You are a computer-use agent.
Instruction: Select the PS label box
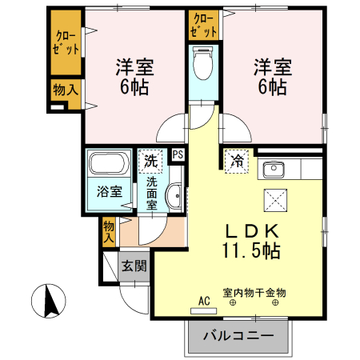click(x=178, y=155)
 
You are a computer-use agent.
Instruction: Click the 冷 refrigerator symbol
click(x=238, y=161)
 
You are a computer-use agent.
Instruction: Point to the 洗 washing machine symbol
click(x=151, y=161)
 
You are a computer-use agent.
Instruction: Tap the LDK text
click(x=250, y=230)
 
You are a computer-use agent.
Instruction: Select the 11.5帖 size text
click(x=250, y=250)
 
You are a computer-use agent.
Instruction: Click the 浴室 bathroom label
click(x=110, y=191)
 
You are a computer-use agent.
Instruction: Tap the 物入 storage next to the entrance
click(x=109, y=232)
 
